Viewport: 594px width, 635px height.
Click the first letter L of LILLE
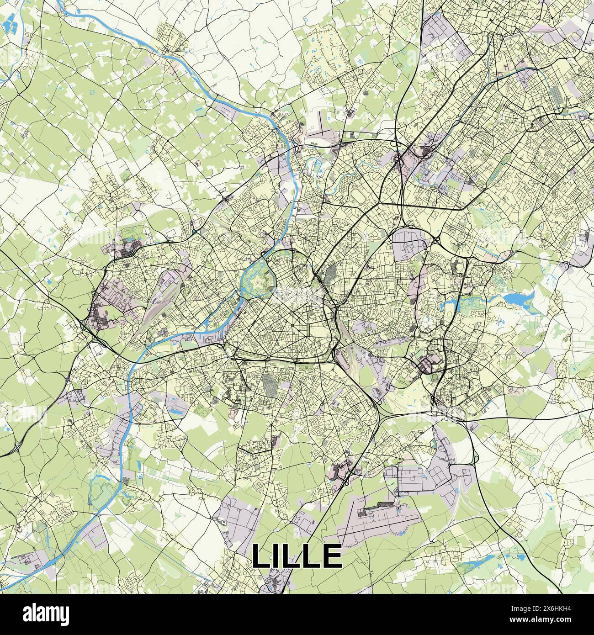[x=261, y=556]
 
